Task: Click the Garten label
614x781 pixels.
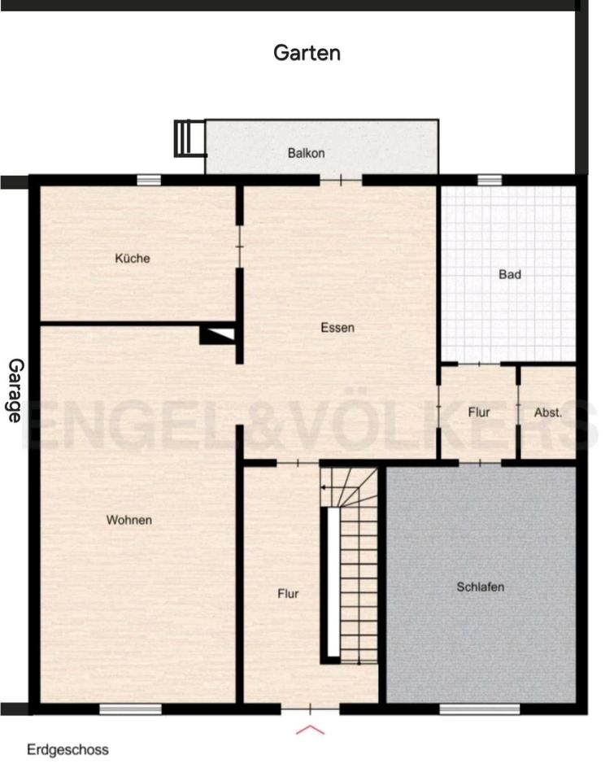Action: click(x=307, y=54)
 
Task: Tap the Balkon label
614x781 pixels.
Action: click(x=306, y=153)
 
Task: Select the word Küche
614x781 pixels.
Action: click(x=133, y=259)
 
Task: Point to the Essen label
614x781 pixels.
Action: click(x=337, y=328)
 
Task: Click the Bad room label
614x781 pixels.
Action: click(x=510, y=275)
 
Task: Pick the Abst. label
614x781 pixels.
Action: click(x=548, y=412)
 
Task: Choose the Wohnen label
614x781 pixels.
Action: click(x=129, y=520)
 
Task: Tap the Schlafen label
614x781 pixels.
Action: click(x=481, y=587)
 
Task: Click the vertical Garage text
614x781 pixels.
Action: click(x=15, y=390)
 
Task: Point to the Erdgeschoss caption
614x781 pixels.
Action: click(x=67, y=749)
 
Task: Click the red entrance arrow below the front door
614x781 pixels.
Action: click(x=310, y=729)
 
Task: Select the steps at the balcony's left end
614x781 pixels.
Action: click(x=189, y=137)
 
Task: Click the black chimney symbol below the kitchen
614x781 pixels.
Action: click(x=218, y=334)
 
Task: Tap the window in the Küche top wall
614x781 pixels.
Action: click(x=148, y=181)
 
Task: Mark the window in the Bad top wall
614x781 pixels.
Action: click(x=490, y=181)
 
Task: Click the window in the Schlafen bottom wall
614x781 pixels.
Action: click(x=479, y=709)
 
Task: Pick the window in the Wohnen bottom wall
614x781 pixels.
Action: click(x=130, y=709)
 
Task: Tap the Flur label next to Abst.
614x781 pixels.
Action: click(x=479, y=412)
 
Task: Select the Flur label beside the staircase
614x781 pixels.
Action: click(x=288, y=594)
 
